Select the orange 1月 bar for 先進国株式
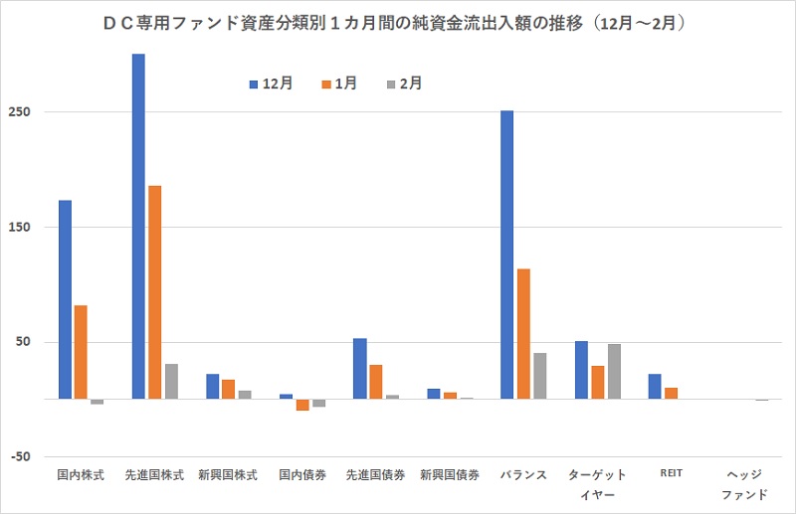click(155, 292)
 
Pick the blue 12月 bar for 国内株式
click(65, 299)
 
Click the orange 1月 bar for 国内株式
click(81, 352)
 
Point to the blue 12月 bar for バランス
click(507, 255)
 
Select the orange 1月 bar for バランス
click(523, 334)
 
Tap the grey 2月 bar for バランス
click(540, 376)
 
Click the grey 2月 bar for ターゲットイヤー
click(614, 372)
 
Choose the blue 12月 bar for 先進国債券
click(360, 369)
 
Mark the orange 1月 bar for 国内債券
click(302, 405)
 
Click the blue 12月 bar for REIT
click(655, 387)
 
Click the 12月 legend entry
click(271, 85)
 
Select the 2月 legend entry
click(404, 85)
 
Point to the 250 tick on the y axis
click(23, 112)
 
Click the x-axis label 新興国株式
click(228, 475)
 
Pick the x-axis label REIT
click(671, 474)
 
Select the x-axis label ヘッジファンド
click(744, 484)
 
